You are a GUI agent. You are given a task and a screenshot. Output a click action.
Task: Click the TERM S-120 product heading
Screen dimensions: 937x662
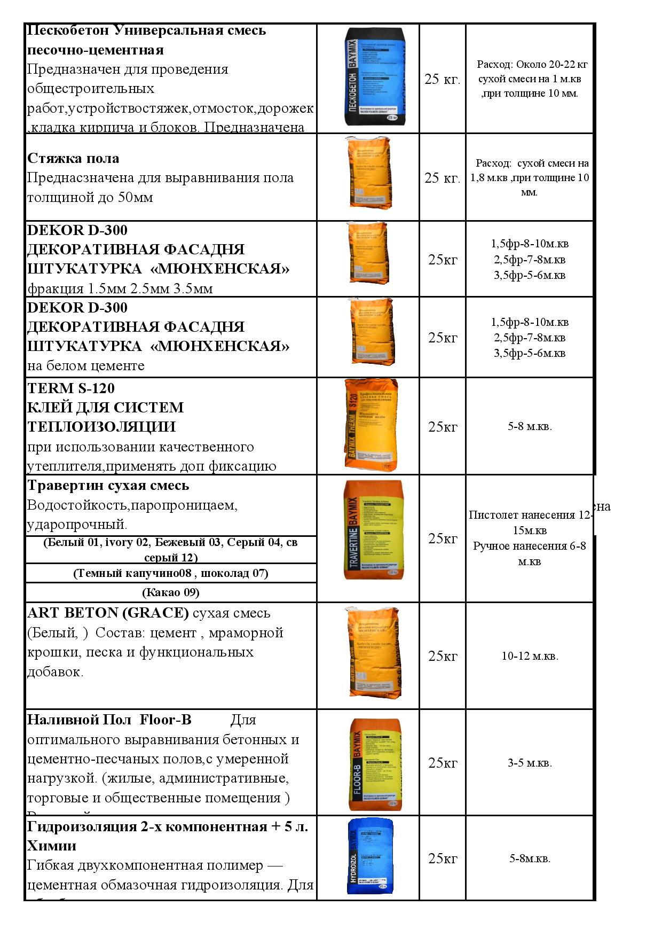point(71,388)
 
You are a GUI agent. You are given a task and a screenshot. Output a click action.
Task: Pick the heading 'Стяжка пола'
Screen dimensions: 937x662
point(73,159)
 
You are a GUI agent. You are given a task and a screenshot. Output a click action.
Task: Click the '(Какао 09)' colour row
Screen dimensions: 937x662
point(171,592)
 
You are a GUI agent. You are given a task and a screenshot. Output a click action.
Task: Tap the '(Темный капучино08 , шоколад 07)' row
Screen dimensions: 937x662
point(171,573)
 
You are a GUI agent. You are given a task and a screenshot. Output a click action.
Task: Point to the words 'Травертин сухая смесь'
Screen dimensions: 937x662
point(108,486)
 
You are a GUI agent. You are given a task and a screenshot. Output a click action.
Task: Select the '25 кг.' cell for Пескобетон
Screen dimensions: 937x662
point(442,79)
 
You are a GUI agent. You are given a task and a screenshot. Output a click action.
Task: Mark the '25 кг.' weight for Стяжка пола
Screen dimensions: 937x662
point(442,178)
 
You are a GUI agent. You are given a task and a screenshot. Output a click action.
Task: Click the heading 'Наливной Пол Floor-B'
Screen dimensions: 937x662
point(109,720)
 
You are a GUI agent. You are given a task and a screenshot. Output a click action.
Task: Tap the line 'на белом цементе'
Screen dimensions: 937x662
point(86,366)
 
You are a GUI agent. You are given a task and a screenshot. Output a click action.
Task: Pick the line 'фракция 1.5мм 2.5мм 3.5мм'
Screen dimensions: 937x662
point(120,289)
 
